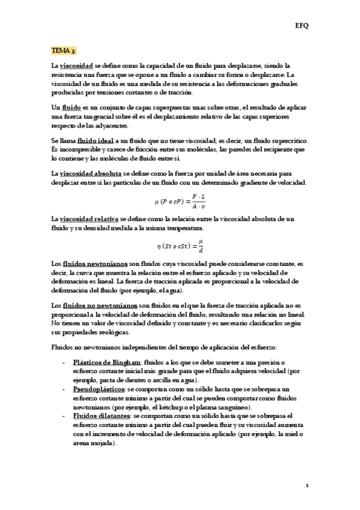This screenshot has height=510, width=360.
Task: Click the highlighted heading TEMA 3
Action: click(x=64, y=52)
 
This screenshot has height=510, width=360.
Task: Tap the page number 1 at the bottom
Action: click(x=307, y=485)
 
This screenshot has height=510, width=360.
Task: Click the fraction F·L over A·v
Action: click(x=198, y=201)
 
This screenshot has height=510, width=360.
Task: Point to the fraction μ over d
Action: click(x=201, y=246)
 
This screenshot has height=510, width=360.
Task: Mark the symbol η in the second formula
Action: click(x=159, y=246)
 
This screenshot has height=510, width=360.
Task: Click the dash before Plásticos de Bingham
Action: click(x=64, y=362)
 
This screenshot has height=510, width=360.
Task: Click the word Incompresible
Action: click(x=79, y=149)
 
